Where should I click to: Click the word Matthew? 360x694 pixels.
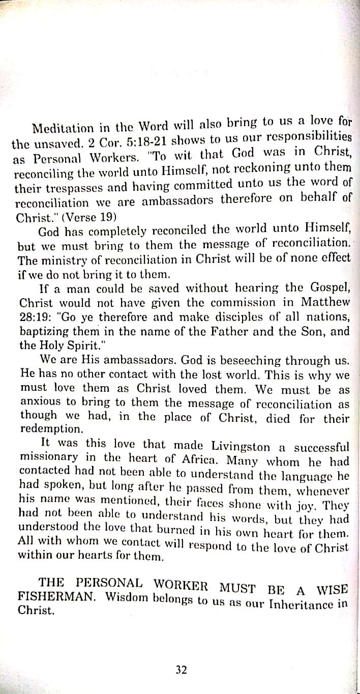[x=325, y=302]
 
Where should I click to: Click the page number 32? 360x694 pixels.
[x=181, y=670]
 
